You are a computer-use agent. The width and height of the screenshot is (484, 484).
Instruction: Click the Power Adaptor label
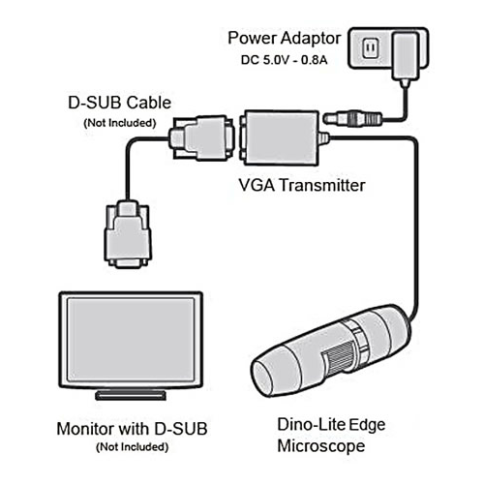click(x=284, y=40)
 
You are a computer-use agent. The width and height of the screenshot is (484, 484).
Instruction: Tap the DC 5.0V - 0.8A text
click(x=284, y=60)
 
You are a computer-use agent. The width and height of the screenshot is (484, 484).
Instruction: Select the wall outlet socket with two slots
click(x=370, y=48)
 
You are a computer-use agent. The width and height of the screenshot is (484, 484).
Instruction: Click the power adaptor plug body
click(x=406, y=56)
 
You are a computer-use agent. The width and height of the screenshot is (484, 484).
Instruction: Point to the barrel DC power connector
click(x=352, y=118)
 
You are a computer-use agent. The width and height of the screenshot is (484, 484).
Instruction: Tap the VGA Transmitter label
click(x=302, y=186)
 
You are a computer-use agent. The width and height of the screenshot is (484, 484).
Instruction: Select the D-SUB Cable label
click(x=119, y=103)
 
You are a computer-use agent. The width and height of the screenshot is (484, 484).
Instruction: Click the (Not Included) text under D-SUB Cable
click(x=120, y=123)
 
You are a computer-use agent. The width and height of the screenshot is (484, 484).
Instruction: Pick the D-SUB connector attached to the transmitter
click(x=201, y=137)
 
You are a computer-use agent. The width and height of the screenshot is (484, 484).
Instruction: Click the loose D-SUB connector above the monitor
click(x=128, y=234)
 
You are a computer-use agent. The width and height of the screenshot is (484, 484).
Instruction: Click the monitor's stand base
click(x=131, y=395)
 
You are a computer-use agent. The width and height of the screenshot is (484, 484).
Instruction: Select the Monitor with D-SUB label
click(x=132, y=429)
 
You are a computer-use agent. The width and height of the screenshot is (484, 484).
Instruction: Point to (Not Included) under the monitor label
click(x=133, y=447)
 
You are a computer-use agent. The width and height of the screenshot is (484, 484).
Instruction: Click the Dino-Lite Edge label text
click(x=331, y=425)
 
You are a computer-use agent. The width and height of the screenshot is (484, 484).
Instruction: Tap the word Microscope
click(x=321, y=446)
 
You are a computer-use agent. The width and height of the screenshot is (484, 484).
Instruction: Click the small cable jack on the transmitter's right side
click(x=323, y=138)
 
